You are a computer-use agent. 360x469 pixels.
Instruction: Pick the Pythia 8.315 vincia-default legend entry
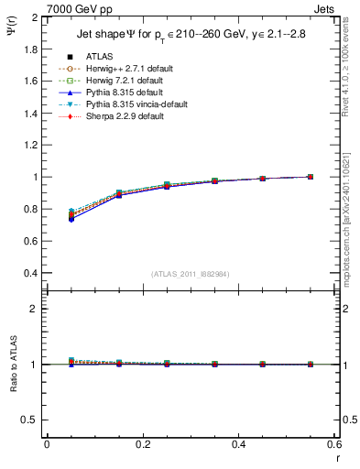[115, 104]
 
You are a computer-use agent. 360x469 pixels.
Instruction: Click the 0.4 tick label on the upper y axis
[31, 273]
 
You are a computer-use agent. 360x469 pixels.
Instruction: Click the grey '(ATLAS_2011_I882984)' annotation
[190, 274]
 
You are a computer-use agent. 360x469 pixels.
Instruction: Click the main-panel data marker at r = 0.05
[71, 217]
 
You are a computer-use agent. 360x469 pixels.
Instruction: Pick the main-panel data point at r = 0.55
[311, 177]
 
